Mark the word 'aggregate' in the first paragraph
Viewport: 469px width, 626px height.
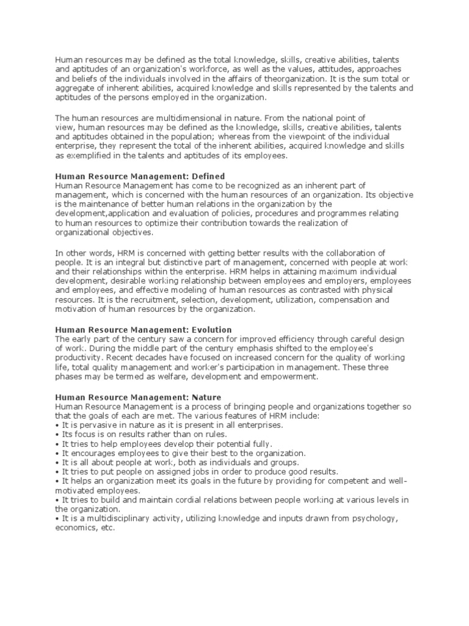tap(74, 88)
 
